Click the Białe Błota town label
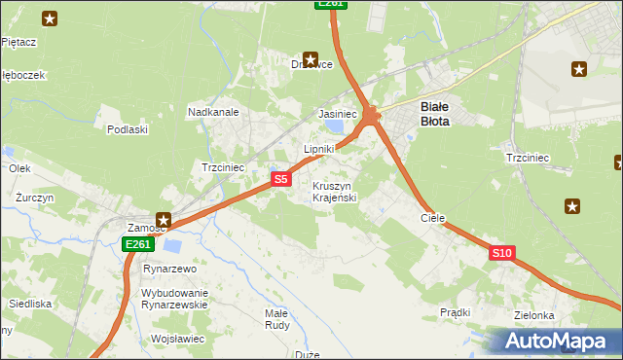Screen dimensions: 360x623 point(434,115)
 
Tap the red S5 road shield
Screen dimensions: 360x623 point(280,179)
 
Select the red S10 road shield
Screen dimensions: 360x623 point(501,253)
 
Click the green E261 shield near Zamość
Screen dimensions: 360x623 point(137,244)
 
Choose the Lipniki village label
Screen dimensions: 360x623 point(319,149)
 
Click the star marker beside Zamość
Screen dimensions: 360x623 point(165,221)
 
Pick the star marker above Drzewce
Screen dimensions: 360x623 point(311,58)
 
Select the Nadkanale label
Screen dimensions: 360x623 point(213,112)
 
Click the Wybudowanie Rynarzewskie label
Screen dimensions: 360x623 point(175,299)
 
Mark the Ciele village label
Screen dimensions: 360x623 point(432,219)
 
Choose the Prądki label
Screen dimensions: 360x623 point(455,312)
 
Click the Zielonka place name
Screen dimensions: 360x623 point(535,316)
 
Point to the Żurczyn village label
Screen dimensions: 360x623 point(35,197)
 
